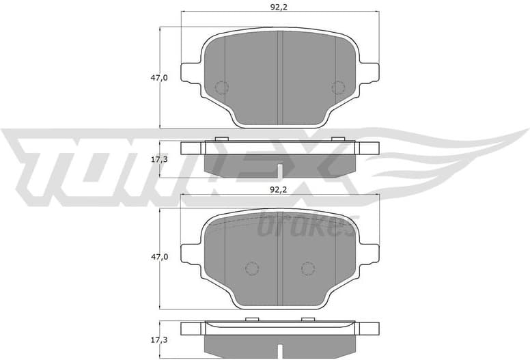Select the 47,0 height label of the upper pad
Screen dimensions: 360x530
point(159,78)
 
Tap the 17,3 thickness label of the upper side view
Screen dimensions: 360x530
point(159,159)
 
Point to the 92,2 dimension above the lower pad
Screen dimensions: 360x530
point(279,189)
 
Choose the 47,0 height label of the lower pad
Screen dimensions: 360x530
point(159,257)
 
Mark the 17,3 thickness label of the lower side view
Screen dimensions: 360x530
point(159,338)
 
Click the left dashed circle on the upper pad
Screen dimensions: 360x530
point(221,87)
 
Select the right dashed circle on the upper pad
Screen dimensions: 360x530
point(337,87)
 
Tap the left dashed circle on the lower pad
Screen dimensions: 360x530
point(251,268)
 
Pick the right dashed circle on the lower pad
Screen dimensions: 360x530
point(307,268)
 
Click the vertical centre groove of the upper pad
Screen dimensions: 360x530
point(279,78)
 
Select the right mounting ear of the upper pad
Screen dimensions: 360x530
point(369,72)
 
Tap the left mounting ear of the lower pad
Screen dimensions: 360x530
point(189,251)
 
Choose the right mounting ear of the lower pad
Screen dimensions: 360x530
point(369,251)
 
